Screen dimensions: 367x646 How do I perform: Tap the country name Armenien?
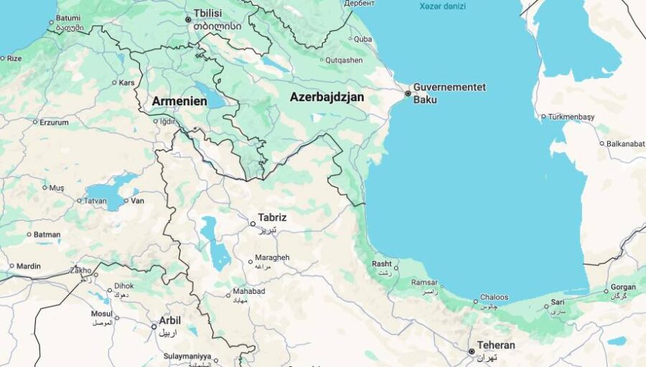coord(179,102)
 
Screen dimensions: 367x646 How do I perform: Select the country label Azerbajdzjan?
coord(327,97)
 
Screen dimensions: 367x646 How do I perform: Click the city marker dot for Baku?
coord(408,93)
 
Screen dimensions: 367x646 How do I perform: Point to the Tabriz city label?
coord(272,217)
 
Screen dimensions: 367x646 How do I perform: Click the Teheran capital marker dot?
coord(471,351)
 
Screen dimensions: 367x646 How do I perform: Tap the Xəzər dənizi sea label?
coord(442,6)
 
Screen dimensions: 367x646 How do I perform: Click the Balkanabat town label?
coord(625,143)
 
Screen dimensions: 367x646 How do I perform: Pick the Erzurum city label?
coord(54,122)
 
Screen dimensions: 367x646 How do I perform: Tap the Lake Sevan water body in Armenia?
coord(209,95)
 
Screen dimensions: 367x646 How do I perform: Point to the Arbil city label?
coord(169,320)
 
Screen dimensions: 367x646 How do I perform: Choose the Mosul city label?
coord(101,313)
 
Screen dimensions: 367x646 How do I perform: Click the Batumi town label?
coord(68,18)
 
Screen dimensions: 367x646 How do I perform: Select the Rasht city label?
coord(382,264)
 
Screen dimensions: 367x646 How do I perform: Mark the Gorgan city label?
coord(623,287)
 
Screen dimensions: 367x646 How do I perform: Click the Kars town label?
coord(126,82)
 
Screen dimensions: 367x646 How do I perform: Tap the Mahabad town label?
coord(248,292)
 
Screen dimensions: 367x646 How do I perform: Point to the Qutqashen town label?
coord(344,60)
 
